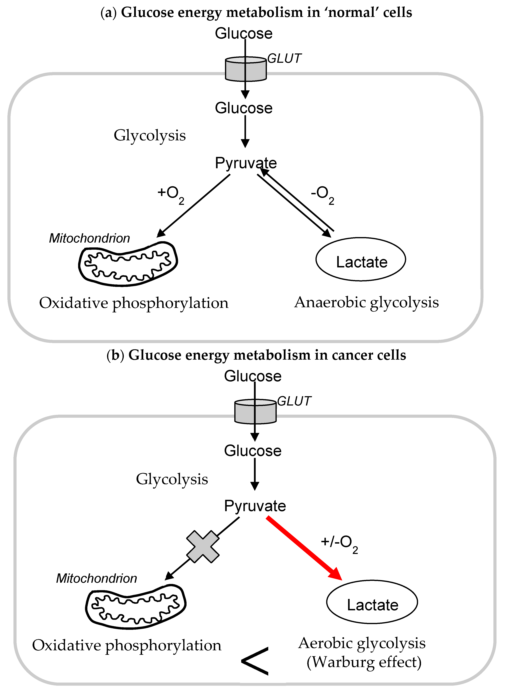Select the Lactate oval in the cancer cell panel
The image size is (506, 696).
372,602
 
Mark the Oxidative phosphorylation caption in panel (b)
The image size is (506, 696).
127,645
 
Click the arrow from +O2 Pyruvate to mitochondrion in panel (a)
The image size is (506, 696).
193,206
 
